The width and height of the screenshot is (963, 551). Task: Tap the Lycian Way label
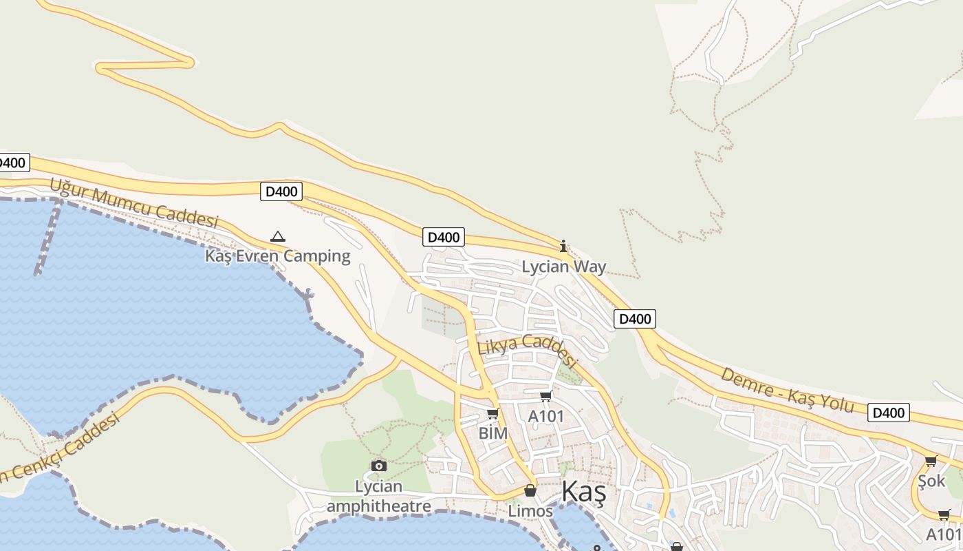pos(563,267)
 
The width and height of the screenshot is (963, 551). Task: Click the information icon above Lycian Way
pos(563,246)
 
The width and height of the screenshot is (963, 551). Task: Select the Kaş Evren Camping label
pos(277,256)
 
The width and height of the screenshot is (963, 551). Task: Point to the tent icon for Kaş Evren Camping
pos(277,237)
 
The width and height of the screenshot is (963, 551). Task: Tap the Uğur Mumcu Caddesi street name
pos(133,202)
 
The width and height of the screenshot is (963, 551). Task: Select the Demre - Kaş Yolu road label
pos(787,391)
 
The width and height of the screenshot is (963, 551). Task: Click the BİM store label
pos(493,433)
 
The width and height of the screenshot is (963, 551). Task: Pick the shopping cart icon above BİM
pos(493,414)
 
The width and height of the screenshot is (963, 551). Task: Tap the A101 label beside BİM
pos(545,416)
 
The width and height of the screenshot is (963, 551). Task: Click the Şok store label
pos(931,481)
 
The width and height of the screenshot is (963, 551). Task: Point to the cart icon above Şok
pos(931,461)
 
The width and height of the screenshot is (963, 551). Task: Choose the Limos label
pos(530,511)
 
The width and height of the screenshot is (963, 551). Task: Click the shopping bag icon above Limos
pos(530,491)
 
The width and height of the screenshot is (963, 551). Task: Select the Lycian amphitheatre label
pos(378,497)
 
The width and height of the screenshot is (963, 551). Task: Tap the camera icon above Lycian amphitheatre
pos(378,466)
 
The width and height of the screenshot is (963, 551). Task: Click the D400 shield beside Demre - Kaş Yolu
pos(888,413)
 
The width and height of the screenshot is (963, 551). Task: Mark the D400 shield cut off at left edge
pos(12,163)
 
